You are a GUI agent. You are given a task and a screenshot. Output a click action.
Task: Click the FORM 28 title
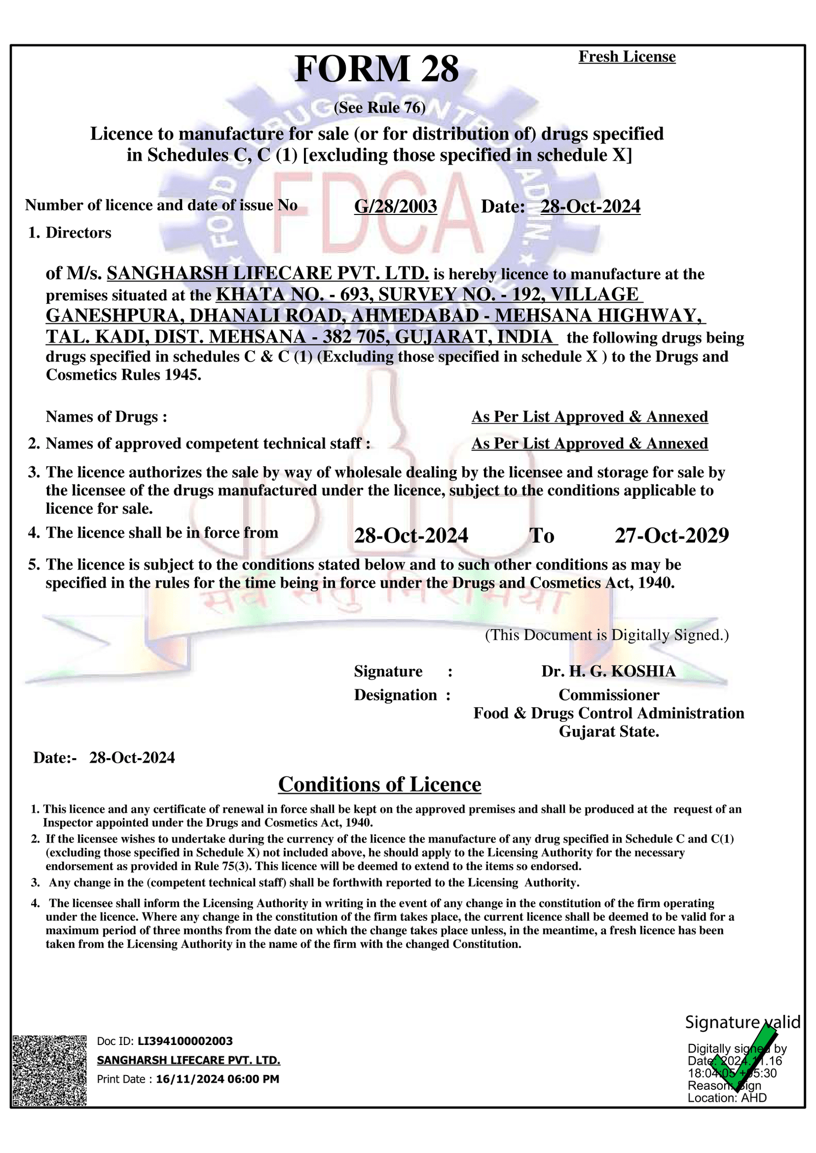pyautogui.click(x=376, y=69)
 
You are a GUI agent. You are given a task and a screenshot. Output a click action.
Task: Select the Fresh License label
pyautogui.click(x=627, y=57)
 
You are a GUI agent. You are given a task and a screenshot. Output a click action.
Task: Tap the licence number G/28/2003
pyautogui.click(x=395, y=206)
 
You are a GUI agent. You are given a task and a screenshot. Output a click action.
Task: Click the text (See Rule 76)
pyautogui.click(x=379, y=108)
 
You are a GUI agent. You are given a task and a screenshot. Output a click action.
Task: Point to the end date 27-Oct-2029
pyautogui.click(x=672, y=535)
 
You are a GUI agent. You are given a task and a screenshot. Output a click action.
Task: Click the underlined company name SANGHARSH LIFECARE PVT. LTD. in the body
pyautogui.click(x=267, y=274)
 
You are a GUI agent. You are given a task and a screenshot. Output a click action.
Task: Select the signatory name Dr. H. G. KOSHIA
pyautogui.click(x=608, y=671)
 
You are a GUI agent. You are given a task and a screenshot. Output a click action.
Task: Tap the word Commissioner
pyautogui.click(x=608, y=695)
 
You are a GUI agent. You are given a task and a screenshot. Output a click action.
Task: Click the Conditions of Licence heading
pyautogui.click(x=379, y=785)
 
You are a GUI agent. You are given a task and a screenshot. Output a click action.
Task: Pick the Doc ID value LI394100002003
pyautogui.click(x=185, y=1041)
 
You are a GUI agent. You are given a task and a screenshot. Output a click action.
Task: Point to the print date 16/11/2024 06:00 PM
pyautogui.click(x=217, y=1079)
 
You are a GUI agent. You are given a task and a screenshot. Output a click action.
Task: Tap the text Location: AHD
pyautogui.click(x=727, y=1098)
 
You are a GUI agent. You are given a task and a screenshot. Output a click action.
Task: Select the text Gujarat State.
pyautogui.click(x=608, y=732)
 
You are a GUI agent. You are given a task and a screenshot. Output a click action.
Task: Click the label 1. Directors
pyautogui.click(x=69, y=233)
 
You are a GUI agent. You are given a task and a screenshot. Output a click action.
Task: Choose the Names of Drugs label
pyautogui.click(x=106, y=417)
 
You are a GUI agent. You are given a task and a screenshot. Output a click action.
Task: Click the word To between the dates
pyautogui.click(x=542, y=535)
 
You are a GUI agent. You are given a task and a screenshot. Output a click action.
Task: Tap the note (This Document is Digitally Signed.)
pyautogui.click(x=606, y=635)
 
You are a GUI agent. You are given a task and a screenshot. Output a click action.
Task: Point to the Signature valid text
pyautogui.click(x=742, y=1023)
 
